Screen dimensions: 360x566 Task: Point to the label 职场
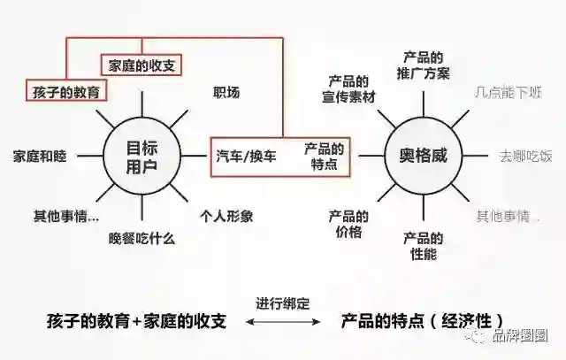[226, 92]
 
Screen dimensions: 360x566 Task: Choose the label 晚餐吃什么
[141, 238]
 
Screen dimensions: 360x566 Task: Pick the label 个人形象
[226, 216]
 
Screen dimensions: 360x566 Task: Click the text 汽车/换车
[246, 156]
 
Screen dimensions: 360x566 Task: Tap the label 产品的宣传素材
[350, 88]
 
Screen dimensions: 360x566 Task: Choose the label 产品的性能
[424, 246]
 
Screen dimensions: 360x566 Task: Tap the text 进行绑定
[282, 303]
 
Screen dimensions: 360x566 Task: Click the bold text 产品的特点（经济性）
[424, 321]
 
